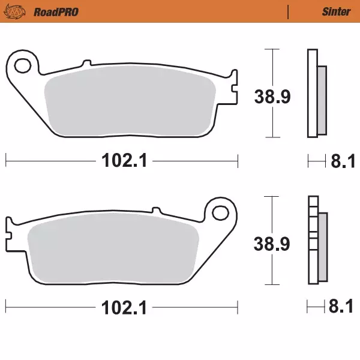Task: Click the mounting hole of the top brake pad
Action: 23,63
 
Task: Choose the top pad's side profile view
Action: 316,93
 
